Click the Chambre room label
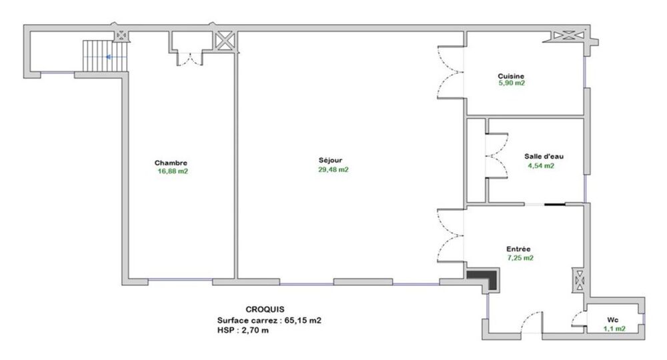coord(171,163)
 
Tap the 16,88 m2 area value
coord(173,171)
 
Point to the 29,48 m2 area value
coord(333,169)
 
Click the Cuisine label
coord(511,76)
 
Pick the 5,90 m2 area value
coord(512,84)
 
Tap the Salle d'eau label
coord(544,157)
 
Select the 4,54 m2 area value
coord(540,165)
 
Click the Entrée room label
coord(518,249)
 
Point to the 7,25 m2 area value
coord(520,257)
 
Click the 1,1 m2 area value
coord(614,328)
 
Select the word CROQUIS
coord(265,309)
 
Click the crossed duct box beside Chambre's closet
coord(225,40)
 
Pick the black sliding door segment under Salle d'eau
coord(555,204)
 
